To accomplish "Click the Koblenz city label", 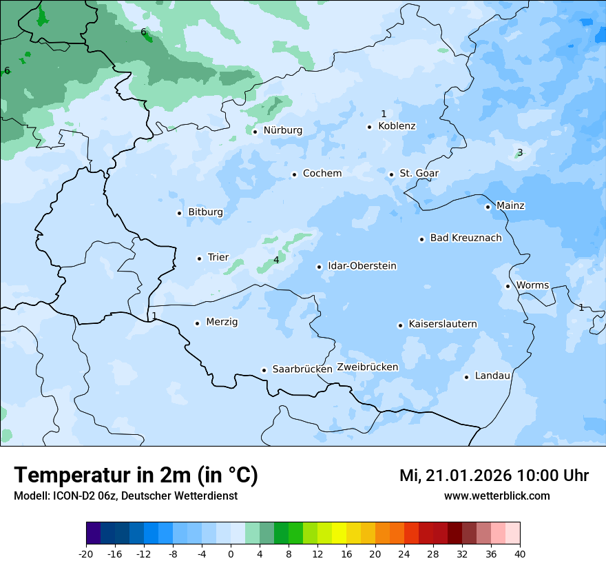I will [397, 126].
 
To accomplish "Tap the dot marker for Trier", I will [200, 258].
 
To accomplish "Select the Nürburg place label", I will [282, 130].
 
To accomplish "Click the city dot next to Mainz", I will [488, 207].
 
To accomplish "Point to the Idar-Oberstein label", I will [362, 266].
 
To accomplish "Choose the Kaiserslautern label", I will [442, 324].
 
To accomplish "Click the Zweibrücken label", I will [367, 367].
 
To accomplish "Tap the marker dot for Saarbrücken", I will [264, 370].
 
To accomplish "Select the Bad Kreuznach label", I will [466, 238].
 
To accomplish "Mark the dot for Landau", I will [466, 377].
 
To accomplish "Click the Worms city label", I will [532, 285].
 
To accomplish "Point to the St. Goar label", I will [419, 174].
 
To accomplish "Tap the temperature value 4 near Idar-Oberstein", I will [276, 260].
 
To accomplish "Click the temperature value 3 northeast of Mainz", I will [520, 152].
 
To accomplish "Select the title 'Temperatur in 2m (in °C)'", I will [136, 476].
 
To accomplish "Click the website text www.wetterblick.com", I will [497, 496].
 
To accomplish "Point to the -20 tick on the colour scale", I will [86, 554].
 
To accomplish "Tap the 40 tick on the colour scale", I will [520, 554].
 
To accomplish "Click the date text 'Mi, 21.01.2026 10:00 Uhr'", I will [494, 476].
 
